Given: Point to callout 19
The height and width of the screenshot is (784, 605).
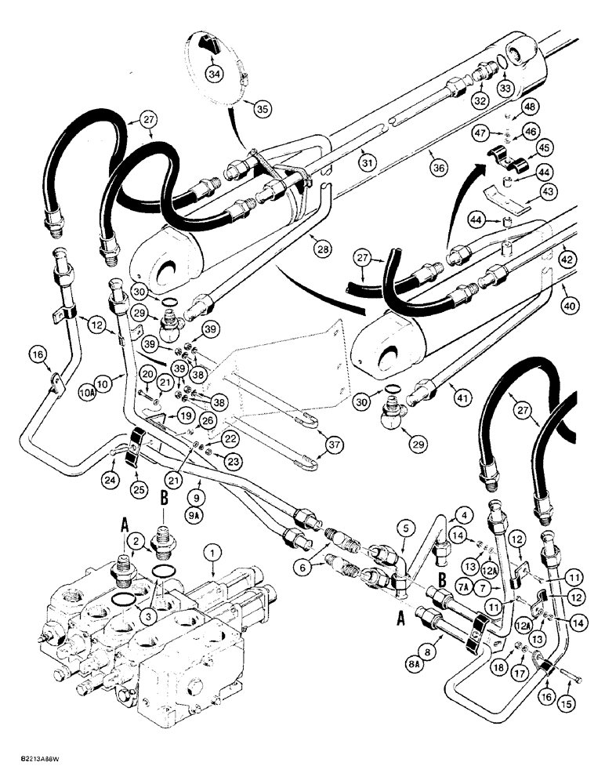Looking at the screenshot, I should point(184,416).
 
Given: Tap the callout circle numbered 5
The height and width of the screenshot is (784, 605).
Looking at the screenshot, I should point(406,529).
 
